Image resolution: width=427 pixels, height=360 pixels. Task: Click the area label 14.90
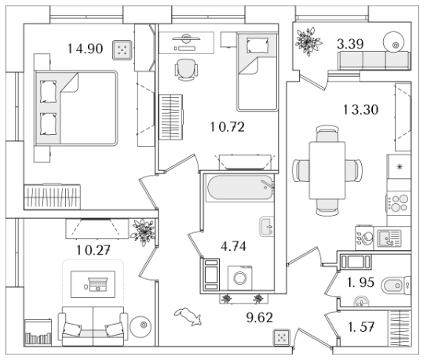tap(86, 49)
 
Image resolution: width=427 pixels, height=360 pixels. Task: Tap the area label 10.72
tap(228, 127)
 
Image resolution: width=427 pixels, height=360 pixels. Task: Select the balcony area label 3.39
tap(350, 44)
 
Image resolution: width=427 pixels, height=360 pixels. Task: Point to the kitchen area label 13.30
tap(361, 110)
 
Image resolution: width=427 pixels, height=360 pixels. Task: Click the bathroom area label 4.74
tap(234, 246)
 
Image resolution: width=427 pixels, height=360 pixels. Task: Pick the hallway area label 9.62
tap(260, 318)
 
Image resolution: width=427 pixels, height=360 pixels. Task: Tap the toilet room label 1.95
tap(361, 282)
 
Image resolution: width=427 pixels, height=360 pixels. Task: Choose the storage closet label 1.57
tap(361, 326)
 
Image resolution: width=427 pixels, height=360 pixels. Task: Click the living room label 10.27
tap(93, 250)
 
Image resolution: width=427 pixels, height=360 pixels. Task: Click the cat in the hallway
tap(188, 316)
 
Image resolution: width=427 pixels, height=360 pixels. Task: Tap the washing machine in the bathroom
tap(240, 278)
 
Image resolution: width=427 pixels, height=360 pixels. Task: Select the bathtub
tap(240, 188)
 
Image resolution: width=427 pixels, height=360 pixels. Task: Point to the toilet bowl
tap(396, 285)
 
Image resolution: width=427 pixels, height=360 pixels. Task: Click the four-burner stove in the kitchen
tap(399, 203)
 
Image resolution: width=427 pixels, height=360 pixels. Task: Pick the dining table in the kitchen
tap(327, 170)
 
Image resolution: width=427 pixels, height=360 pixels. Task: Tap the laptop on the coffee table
tap(97, 285)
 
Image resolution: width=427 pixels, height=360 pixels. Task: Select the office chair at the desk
tap(186, 70)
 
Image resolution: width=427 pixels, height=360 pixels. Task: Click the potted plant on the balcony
tap(308, 42)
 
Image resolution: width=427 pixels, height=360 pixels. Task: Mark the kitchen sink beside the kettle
tap(389, 238)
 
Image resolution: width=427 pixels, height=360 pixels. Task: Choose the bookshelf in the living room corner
tap(38, 333)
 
